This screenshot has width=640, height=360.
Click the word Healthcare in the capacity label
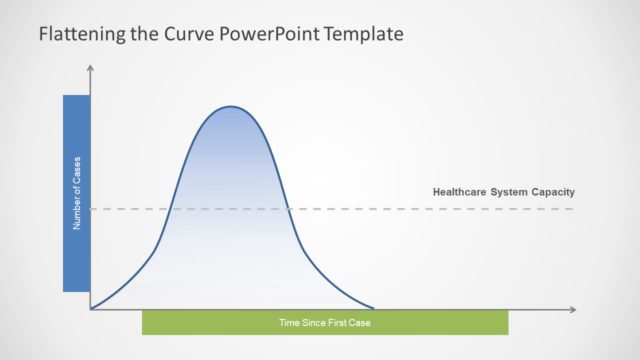460,192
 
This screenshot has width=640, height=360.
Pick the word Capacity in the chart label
555,192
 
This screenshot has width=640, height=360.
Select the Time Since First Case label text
325,322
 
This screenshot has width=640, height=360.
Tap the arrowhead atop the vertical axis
91,68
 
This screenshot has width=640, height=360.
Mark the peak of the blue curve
232,106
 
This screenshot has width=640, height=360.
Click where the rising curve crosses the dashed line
173,209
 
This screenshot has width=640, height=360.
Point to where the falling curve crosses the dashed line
290,209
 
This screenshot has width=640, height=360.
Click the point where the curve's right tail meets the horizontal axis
374,308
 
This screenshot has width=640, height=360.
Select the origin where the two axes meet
91,309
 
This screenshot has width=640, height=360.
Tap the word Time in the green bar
289,322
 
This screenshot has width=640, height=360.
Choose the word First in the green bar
338,322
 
